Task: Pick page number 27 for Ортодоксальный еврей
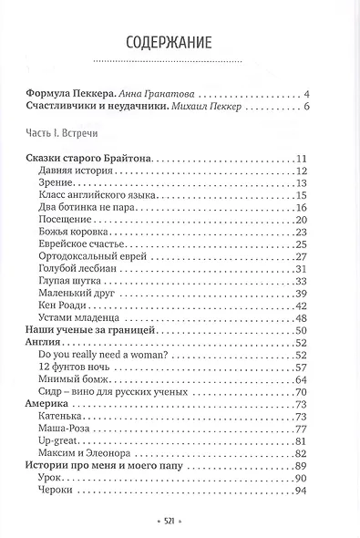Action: [304, 256]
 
